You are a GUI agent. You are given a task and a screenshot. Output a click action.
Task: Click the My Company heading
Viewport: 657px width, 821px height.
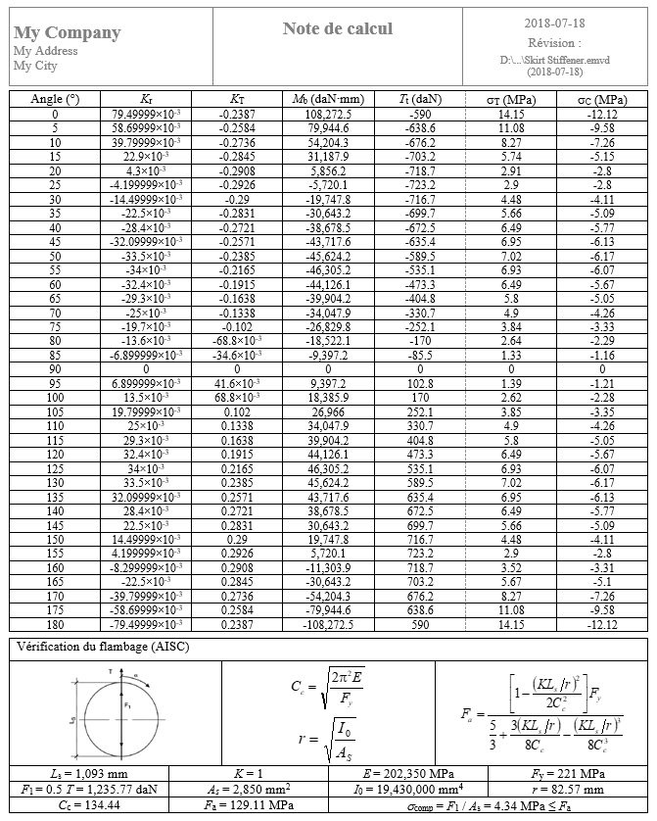coord(68,32)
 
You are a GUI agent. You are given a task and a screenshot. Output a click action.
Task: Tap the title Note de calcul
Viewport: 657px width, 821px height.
coord(338,28)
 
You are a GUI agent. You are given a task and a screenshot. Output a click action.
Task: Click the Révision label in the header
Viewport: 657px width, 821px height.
coord(553,43)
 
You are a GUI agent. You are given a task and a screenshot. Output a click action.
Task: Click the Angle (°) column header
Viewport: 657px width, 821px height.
coord(55,99)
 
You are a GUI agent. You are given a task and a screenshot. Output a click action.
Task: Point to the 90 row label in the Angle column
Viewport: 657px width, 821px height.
coord(55,368)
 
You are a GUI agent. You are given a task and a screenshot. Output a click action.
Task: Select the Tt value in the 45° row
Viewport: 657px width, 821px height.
coord(419,241)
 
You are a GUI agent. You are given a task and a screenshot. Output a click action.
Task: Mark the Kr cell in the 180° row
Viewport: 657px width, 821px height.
coord(146,624)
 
